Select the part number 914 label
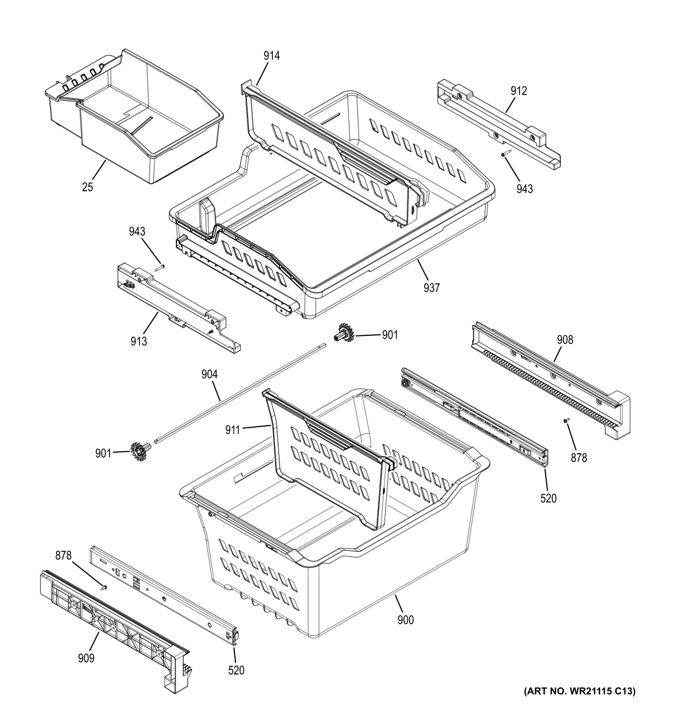coord(272,56)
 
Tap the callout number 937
coord(431,288)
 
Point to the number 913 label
coord(139,341)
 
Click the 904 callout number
coord(210,375)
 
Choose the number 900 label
coord(405,619)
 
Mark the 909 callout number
coord(86,659)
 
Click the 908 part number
coord(565,339)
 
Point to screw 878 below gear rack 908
coord(566,422)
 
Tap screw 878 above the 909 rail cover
coord(104,586)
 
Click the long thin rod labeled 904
coord(239,394)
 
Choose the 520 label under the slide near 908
coord(548,498)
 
